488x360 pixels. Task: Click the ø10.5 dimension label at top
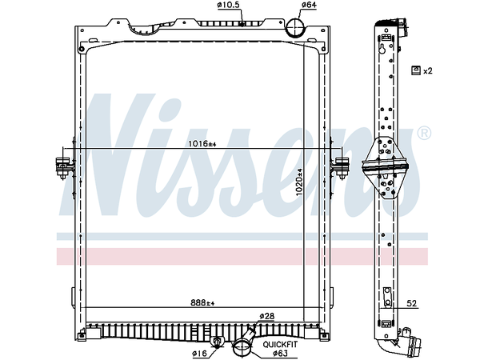click(x=228, y=6)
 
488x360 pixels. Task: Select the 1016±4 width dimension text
click(x=202, y=144)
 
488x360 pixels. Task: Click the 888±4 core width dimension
click(x=202, y=303)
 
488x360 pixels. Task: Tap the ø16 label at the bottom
click(x=200, y=353)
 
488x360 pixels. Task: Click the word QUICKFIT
click(x=282, y=345)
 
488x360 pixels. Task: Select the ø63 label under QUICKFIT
click(x=280, y=353)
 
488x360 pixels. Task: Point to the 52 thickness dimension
click(x=412, y=303)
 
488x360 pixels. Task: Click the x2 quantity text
click(x=428, y=71)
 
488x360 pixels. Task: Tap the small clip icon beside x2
click(x=415, y=71)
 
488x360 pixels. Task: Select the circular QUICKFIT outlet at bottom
click(x=242, y=347)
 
